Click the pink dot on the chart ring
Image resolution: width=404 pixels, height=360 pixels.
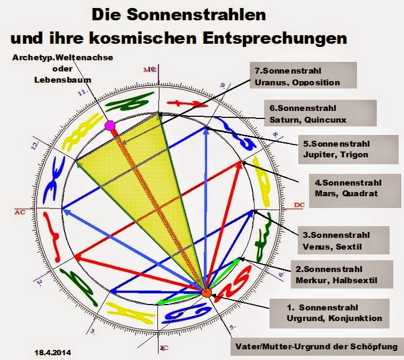coord(110,126)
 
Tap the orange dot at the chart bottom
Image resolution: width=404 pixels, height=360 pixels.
coord(207,292)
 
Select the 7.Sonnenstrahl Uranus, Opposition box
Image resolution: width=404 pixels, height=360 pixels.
coord(303,76)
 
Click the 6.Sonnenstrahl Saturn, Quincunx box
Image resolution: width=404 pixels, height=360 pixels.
coord(308,114)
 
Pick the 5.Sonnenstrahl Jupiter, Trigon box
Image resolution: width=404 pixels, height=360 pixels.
coord(347,149)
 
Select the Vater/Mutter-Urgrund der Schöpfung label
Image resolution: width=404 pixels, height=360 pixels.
coord(316,347)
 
